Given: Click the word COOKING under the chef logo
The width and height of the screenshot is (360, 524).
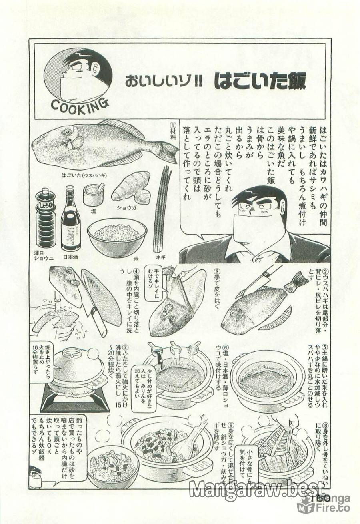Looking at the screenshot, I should (80, 105).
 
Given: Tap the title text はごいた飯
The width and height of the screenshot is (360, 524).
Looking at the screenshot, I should (260, 82).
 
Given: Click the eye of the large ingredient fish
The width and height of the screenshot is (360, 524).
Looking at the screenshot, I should (67, 131).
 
